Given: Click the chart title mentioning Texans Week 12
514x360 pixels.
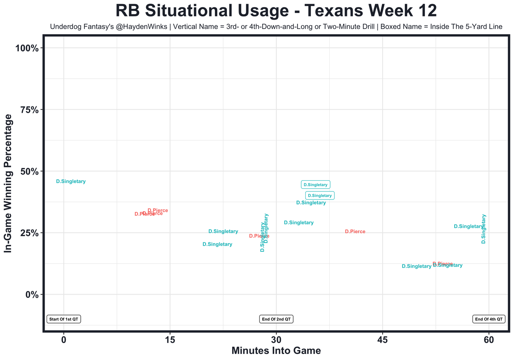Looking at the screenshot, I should coord(276,10).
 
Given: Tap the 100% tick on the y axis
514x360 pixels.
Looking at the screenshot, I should coord(27,48).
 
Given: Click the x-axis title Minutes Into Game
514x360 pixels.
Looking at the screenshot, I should coord(276,351).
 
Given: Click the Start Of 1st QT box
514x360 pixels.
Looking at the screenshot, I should coord(64,319).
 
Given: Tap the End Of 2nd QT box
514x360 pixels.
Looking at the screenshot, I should coord(276,319).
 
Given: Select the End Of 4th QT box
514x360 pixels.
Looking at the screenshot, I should coord(489,319).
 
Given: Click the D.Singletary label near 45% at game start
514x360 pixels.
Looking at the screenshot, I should coord(71,181).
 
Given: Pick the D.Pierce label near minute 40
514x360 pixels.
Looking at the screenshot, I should coord(355,232).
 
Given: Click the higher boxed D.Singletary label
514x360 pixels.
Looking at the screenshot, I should coord(315,185).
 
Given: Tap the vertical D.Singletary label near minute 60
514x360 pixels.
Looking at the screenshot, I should coord(484,229).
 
